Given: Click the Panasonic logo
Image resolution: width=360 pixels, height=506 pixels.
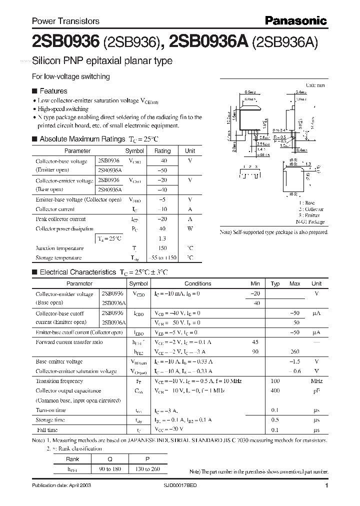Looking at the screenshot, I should click(295, 20).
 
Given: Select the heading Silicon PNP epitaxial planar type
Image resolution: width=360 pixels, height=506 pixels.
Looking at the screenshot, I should click(102, 61).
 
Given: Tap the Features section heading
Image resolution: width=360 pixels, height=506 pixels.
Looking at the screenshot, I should click(53, 91).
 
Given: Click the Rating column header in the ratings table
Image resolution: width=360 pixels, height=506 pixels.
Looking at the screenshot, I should click(162, 150).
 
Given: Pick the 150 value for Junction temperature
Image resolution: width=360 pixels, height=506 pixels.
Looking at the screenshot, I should click(162, 248).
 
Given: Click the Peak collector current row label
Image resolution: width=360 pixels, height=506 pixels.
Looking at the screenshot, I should click(60, 219).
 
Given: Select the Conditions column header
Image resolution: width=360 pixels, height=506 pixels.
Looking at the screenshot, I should click(197, 283).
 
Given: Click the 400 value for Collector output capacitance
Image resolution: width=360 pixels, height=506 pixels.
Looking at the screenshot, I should click(275, 390).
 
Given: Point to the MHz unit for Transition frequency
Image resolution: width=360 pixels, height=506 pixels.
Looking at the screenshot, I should click(316, 381).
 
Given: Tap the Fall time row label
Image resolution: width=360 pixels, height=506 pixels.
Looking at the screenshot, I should click(46, 429).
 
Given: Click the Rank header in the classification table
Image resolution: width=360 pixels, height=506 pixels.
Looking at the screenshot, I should click(72, 459).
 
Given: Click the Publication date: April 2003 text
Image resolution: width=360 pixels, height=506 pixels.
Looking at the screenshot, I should click(61, 486).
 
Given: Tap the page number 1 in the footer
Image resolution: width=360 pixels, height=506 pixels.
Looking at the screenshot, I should click(326, 486).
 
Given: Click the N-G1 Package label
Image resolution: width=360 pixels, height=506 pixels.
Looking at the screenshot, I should click(310, 222).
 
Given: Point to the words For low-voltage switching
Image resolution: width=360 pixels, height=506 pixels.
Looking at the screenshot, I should click(70, 76).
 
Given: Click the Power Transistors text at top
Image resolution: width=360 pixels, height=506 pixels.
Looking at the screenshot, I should click(65, 21).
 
